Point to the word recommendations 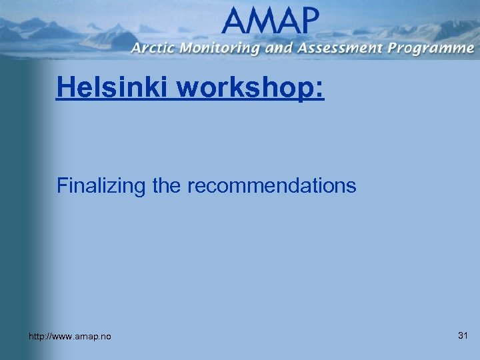pyautogui.click(x=271, y=185)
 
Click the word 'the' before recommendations pyautogui.click(x=169, y=185)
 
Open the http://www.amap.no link pyautogui.click(x=70, y=337)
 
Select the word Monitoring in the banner pyautogui.click(x=216, y=49)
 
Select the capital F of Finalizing pyautogui.click(x=62, y=185)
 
